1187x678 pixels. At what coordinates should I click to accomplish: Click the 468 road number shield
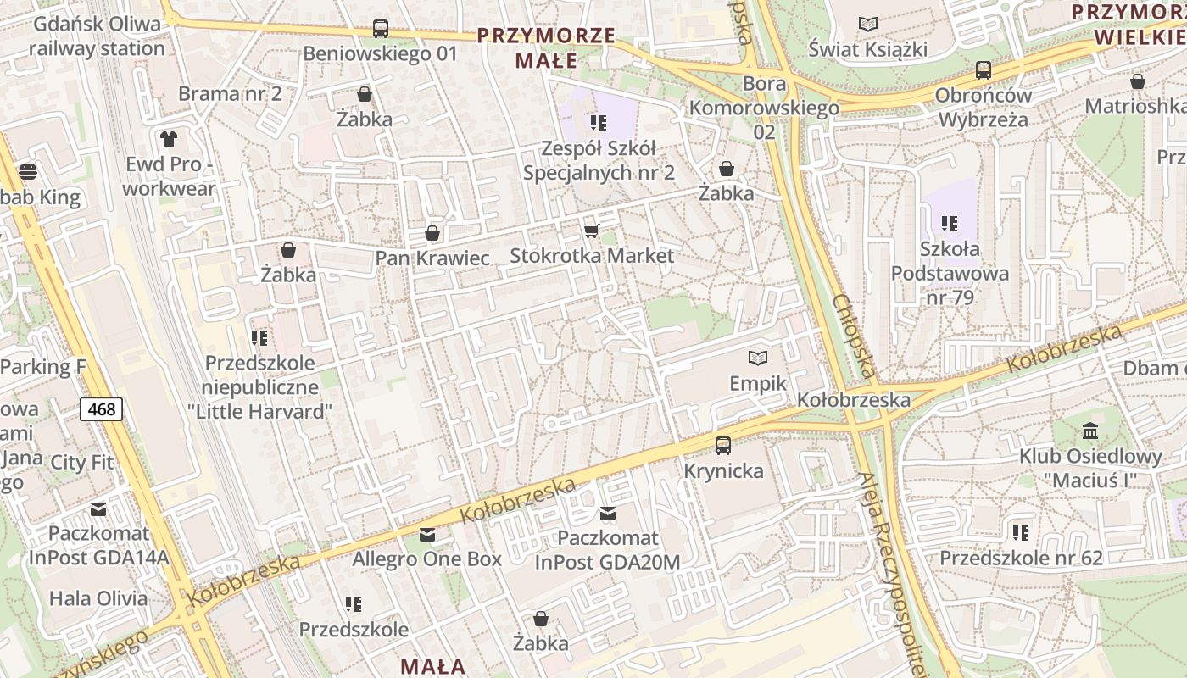pyautogui.click(x=102, y=409)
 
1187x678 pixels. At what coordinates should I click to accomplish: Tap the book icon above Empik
pyautogui.click(x=757, y=358)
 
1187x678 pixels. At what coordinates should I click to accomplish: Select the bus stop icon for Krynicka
pyautogui.click(x=723, y=445)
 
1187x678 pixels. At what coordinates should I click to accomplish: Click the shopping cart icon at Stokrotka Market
pyautogui.click(x=591, y=231)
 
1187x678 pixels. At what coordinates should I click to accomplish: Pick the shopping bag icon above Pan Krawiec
pyautogui.click(x=432, y=232)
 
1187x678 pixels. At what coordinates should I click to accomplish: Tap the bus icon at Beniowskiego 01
pyautogui.click(x=381, y=29)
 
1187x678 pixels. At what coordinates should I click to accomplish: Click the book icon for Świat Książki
pyautogui.click(x=867, y=24)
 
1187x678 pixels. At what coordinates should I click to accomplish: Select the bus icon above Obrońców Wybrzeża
pyautogui.click(x=984, y=70)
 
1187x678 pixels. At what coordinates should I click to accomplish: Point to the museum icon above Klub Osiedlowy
pyautogui.click(x=1090, y=431)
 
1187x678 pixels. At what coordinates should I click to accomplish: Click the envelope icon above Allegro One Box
pyautogui.click(x=427, y=535)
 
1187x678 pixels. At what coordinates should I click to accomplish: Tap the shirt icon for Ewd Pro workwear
pyautogui.click(x=169, y=138)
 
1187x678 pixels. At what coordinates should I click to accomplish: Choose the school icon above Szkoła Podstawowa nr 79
pyautogui.click(x=950, y=224)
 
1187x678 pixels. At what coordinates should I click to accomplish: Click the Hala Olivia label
pyautogui.click(x=98, y=598)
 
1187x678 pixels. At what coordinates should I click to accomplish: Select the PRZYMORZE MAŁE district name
pyautogui.click(x=545, y=47)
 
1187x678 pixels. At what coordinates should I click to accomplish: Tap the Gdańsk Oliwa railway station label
pyautogui.click(x=97, y=36)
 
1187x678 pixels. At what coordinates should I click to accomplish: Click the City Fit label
pyautogui.click(x=81, y=463)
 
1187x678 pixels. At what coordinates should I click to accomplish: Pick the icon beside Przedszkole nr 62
pyautogui.click(x=1021, y=532)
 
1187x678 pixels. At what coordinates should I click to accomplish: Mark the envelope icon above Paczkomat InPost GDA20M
pyautogui.click(x=608, y=513)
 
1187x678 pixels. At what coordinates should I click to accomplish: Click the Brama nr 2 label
pyautogui.click(x=230, y=93)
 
